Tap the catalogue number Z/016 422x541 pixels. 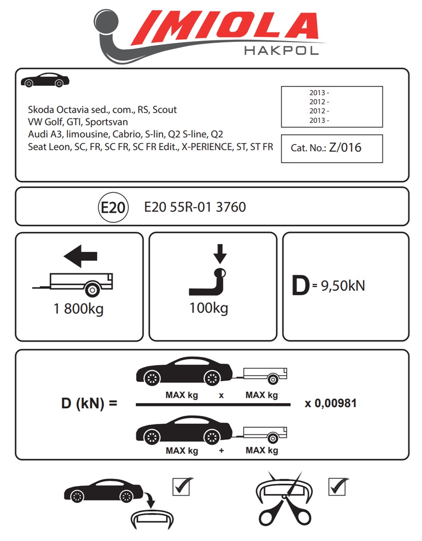pyautogui.click(x=345, y=147)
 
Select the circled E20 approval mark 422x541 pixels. pyautogui.click(x=114, y=207)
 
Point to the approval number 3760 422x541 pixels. pyautogui.click(x=231, y=207)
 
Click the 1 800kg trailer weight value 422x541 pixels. pyautogui.click(x=78, y=310)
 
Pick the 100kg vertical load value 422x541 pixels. pyautogui.click(x=209, y=308)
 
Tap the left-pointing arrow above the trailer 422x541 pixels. pyautogui.click(x=80, y=257)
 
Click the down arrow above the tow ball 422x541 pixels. pyautogui.click(x=220, y=253)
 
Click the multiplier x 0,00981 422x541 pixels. pyautogui.click(x=330, y=403)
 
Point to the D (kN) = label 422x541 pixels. pyautogui.click(x=89, y=403)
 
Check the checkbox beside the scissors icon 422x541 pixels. pyautogui.click(x=338, y=486)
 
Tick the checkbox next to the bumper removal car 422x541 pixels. pyautogui.click(x=183, y=486)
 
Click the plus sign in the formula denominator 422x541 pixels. pyautogui.click(x=221, y=450)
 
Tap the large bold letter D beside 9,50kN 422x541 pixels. pyautogui.click(x=301, y=286)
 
